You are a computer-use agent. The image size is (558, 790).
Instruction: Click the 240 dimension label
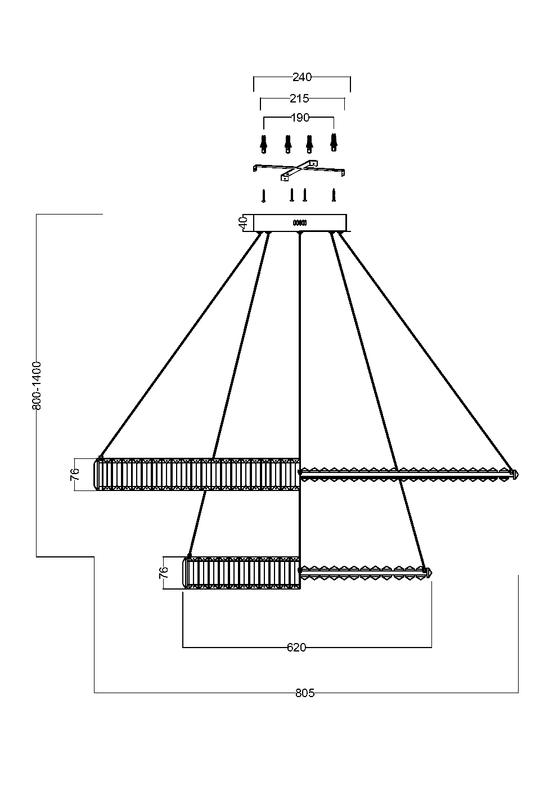click(302, 77)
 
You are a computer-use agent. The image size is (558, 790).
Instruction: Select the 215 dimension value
click(299, 99)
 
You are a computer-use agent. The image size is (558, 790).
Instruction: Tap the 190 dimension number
click(300, 118)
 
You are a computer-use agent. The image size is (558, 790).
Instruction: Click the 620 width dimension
click(296, 648)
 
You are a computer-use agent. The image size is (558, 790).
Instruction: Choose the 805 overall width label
click(305, 693)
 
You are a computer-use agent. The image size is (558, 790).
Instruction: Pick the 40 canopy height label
click(243, 222)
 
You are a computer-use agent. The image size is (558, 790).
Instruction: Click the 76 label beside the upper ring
click(75, 474)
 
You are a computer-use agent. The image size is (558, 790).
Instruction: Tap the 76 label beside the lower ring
click(164, 573)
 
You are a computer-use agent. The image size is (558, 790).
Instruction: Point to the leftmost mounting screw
click(263, 196)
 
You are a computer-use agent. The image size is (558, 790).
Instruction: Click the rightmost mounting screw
click(334, 195)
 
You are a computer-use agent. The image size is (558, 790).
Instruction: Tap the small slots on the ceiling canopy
click(299, 222)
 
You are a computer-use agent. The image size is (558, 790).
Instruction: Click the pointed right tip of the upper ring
click(515, 475)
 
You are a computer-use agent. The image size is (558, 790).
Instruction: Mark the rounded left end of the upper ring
click(97, 474)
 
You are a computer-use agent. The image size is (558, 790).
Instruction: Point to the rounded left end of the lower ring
click(186, 573)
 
